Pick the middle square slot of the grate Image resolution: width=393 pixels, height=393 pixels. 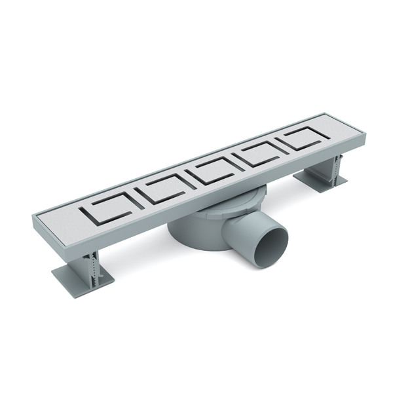point(212,170)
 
